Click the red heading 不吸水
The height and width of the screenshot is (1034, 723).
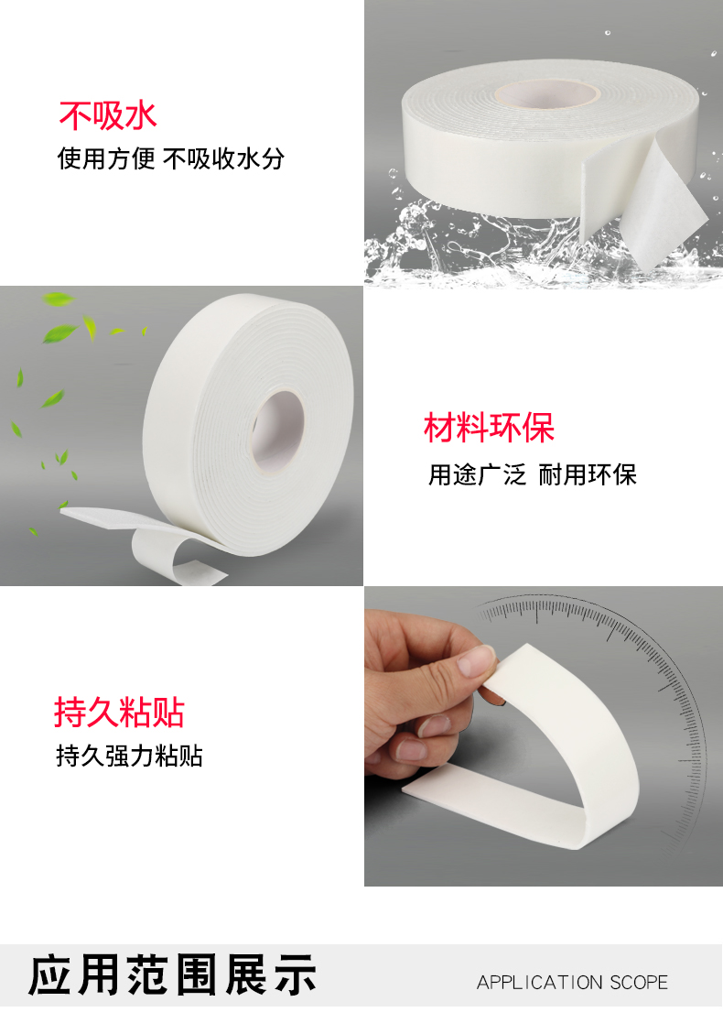coord(108,115)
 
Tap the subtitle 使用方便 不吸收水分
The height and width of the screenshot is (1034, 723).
coord(171,159)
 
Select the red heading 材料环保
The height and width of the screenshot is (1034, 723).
coord(489,428)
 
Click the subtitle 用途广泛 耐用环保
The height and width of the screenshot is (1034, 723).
coord(533,474)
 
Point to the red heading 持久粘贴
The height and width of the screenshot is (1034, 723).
coord(119,713)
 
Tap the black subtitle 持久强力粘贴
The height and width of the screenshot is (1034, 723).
coord(129,756)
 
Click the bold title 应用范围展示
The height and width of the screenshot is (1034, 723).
coord(173,974)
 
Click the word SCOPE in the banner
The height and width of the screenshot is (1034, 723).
coord(639,983)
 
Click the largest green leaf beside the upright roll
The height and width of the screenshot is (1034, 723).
coord(60,333)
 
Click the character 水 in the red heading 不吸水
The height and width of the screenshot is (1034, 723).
coord(141,115)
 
